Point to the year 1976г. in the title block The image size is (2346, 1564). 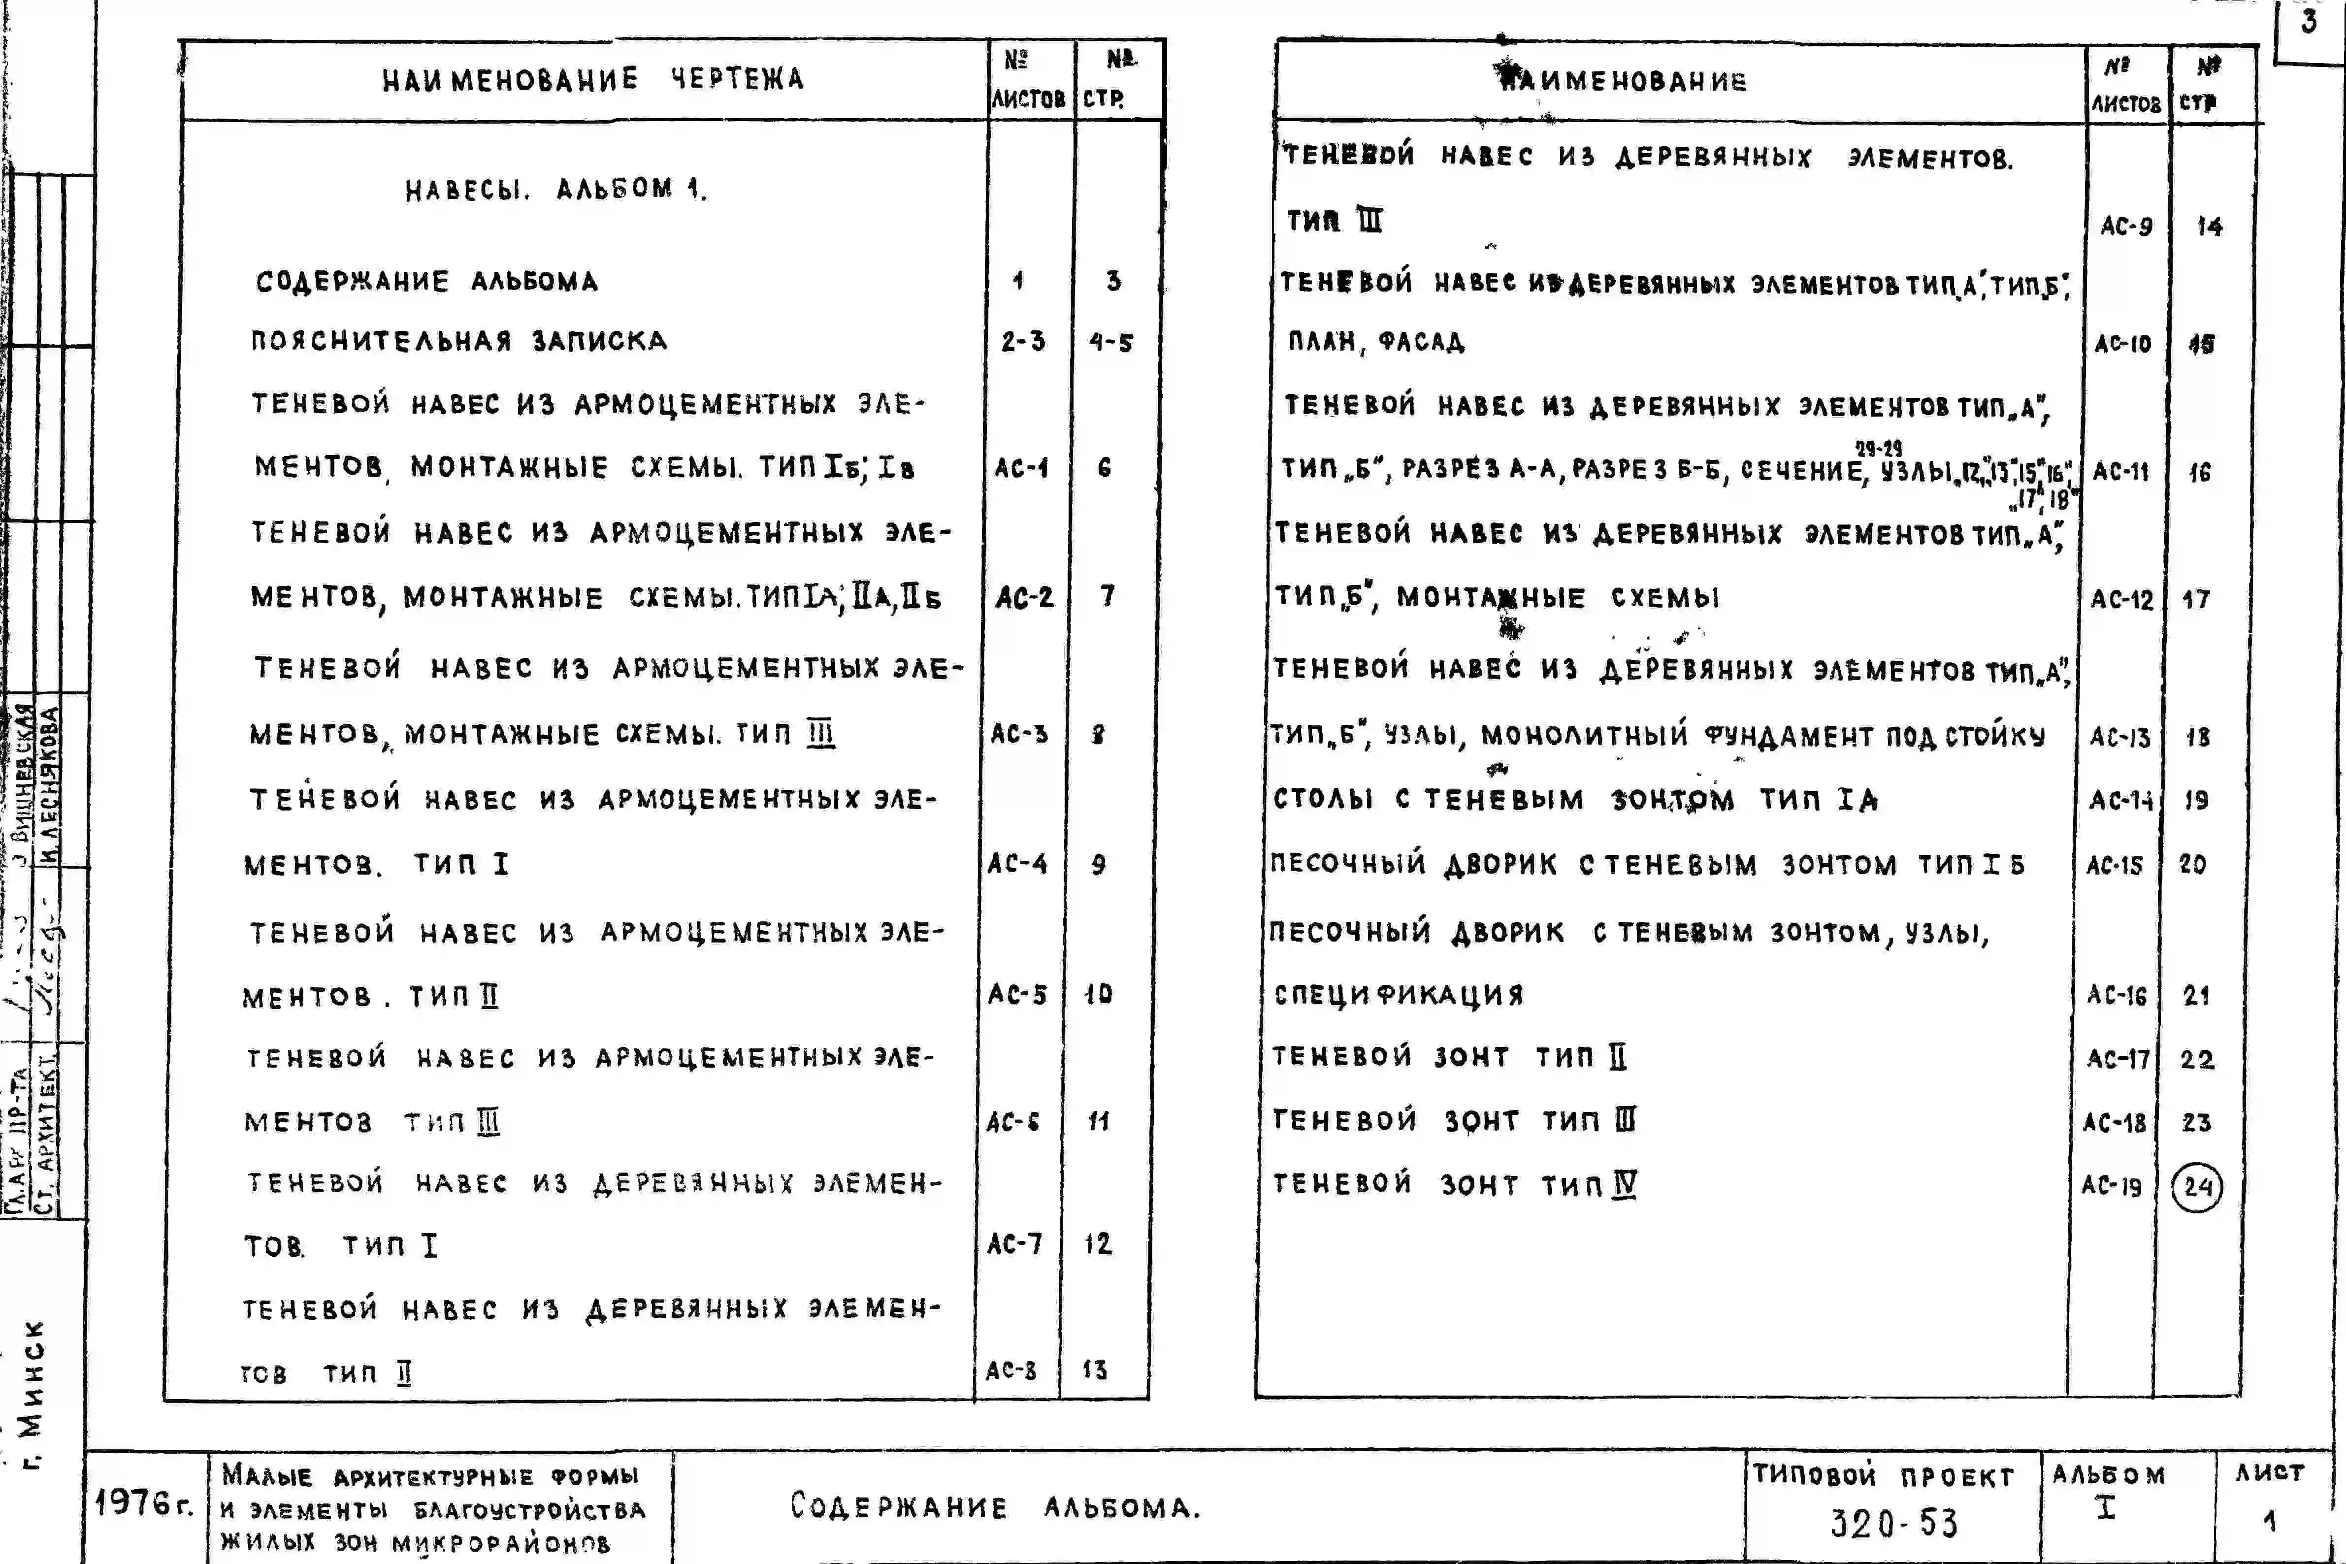pyautogui.click(x=144, y=1502)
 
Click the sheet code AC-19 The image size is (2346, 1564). pyautogui.click(x=2112, y=1186)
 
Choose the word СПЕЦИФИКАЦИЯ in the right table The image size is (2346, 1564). pyautogui.click(x=1399, y=994)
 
